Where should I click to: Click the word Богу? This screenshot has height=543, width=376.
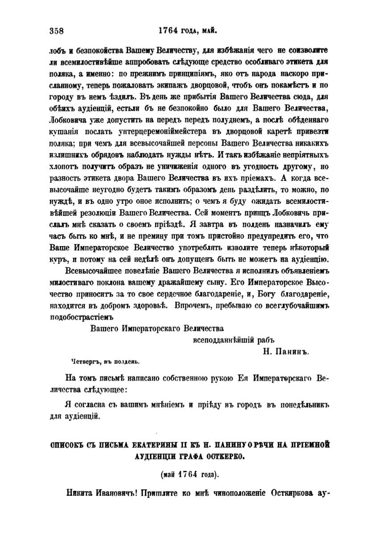266,294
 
